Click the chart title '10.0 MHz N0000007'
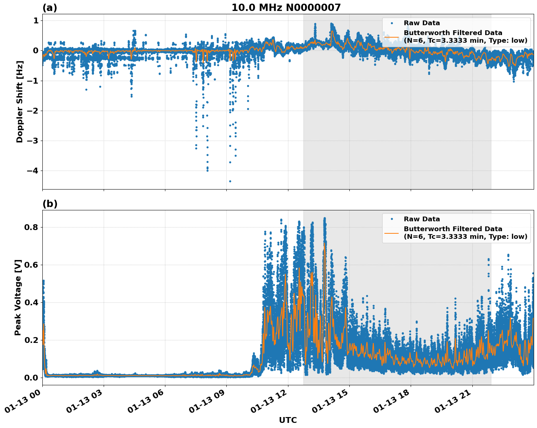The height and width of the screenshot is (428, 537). tap(286, 8)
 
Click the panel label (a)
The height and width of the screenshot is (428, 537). tap(50, 8)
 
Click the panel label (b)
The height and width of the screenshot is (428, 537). tap(50, 204)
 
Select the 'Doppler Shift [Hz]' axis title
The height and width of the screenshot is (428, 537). tap(20, 102)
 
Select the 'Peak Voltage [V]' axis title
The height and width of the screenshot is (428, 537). tap(18, 297)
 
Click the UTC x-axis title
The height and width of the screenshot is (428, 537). tap(288, 420)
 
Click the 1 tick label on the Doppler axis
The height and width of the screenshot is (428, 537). tap(36, 21)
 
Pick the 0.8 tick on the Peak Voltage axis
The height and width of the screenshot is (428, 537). tap(31, 227)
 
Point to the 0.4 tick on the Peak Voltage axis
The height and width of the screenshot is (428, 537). tap(31, 302)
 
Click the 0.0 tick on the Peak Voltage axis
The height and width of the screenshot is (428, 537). tap(31, 378)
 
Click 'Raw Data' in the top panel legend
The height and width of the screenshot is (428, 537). tap(422, 23)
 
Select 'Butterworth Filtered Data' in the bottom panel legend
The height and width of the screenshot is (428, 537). tap(453, 229)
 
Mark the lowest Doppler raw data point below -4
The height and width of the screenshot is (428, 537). tap(230, 181)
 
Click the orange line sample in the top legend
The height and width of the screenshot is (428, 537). tap(391, 37)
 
